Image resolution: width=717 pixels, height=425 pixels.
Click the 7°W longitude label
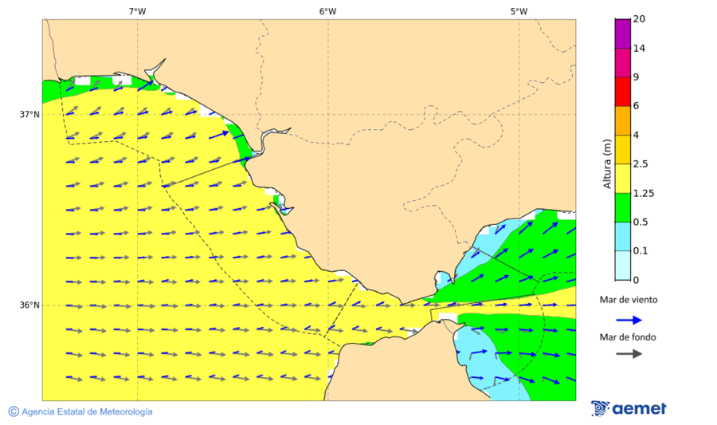click(137, 11)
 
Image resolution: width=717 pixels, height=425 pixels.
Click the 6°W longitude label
click(327, 11)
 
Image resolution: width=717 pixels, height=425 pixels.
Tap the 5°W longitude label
click(519, 11)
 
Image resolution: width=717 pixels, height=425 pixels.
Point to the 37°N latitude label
click(29, 114)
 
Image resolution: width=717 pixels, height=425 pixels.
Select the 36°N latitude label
click(29, 305)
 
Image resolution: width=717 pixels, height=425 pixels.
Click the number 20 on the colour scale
click(638, 19)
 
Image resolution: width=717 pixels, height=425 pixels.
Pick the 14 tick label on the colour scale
click(638, 48)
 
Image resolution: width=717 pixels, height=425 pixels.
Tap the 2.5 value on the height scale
click(641, 164)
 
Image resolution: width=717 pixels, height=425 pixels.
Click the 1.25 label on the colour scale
click(643, 193)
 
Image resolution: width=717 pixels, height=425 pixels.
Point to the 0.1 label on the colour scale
click(641, 250)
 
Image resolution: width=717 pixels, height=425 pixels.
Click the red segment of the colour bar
click(622, 91)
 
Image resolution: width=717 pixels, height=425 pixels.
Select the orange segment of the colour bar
click(622, 120)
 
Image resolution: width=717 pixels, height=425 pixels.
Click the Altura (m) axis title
click(607, 164)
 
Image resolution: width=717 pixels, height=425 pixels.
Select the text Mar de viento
click(629, 300)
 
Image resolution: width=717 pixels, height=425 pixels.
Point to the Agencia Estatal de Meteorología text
click(87, 411)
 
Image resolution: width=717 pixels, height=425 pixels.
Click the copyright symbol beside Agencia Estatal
click(14, 411)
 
